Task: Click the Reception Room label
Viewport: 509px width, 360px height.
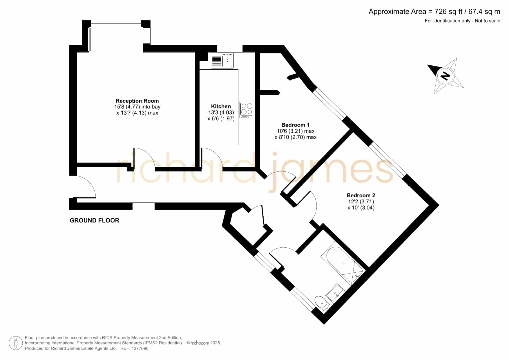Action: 137,101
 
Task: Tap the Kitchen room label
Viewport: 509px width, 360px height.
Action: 221,106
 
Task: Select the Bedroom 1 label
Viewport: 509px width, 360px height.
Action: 296,125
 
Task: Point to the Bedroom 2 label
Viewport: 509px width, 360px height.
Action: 361,196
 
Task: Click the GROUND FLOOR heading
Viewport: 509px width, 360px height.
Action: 95,220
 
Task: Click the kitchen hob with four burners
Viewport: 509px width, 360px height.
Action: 247,110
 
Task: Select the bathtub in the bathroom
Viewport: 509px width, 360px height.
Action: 343,265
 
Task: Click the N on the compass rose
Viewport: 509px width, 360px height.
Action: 445,76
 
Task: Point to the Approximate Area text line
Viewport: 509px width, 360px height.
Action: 434,12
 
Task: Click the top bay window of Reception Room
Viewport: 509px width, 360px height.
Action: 116,23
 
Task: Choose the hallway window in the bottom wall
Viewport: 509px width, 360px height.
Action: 144,206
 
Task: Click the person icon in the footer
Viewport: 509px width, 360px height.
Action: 16,343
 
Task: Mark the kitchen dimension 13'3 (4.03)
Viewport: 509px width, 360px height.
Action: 221,113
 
